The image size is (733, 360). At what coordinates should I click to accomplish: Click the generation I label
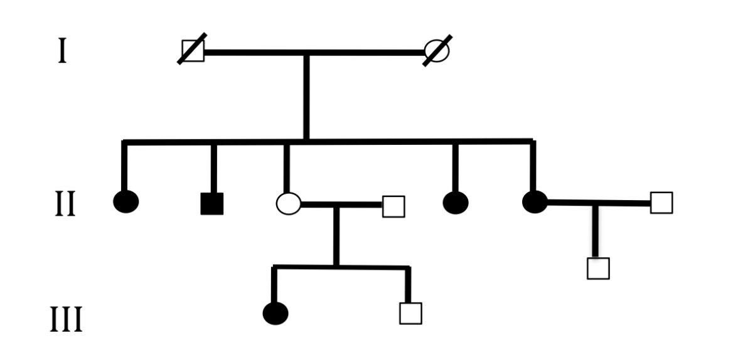62,51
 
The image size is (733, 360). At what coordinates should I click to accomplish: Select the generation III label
66,320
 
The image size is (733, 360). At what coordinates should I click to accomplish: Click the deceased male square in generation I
193,51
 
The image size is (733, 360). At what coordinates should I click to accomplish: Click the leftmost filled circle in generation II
126,201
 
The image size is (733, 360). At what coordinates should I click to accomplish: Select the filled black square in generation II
212,203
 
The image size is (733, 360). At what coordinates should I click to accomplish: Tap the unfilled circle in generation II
288,203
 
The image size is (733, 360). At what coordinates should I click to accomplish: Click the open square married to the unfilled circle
393,206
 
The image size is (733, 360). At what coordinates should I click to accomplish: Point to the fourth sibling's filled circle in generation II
456,202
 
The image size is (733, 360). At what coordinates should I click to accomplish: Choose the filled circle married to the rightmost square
535,201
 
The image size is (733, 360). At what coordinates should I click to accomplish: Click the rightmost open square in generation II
661,203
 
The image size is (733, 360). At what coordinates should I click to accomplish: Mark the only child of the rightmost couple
598,268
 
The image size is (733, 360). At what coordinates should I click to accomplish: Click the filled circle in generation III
276,313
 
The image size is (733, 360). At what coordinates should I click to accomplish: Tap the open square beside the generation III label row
410,313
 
